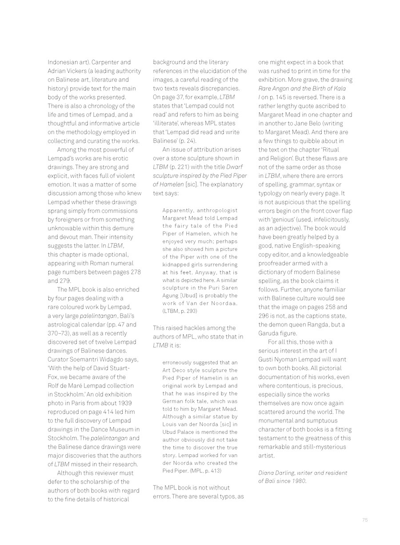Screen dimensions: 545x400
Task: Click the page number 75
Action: click(365, 520)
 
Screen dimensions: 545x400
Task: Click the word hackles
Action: click(197, 328)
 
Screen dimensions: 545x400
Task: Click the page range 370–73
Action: click(58, 333)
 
